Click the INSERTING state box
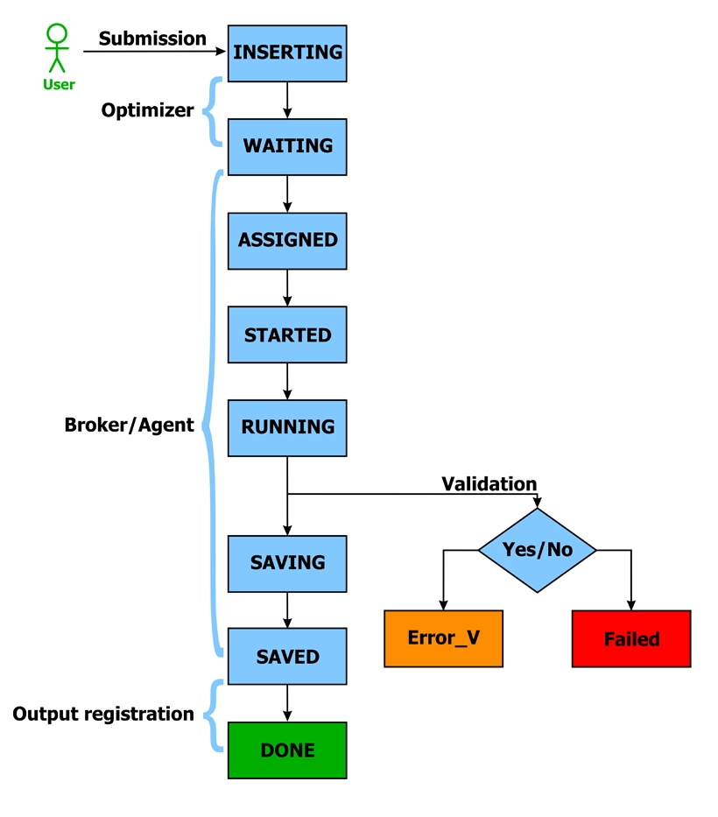click(287, 53)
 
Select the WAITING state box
click(287, 145)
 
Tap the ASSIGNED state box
click(287, 240)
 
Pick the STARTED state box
click(287, 335)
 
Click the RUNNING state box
click(287, 427)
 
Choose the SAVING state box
click(287, 562)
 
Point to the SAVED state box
click(287, 656)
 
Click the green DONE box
click(287, 750)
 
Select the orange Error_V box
click(444, 638)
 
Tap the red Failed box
click(631, 639)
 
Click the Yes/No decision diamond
click(538, 550)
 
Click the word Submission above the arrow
click(152, 39)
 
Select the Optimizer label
click(147, 110)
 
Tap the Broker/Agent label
click(129, 426)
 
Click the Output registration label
click(103, 714)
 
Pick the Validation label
click(489, 483)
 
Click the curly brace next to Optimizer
click(212, 110)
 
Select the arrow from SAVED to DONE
click(287, 703)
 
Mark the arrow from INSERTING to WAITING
click(287, 100)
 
